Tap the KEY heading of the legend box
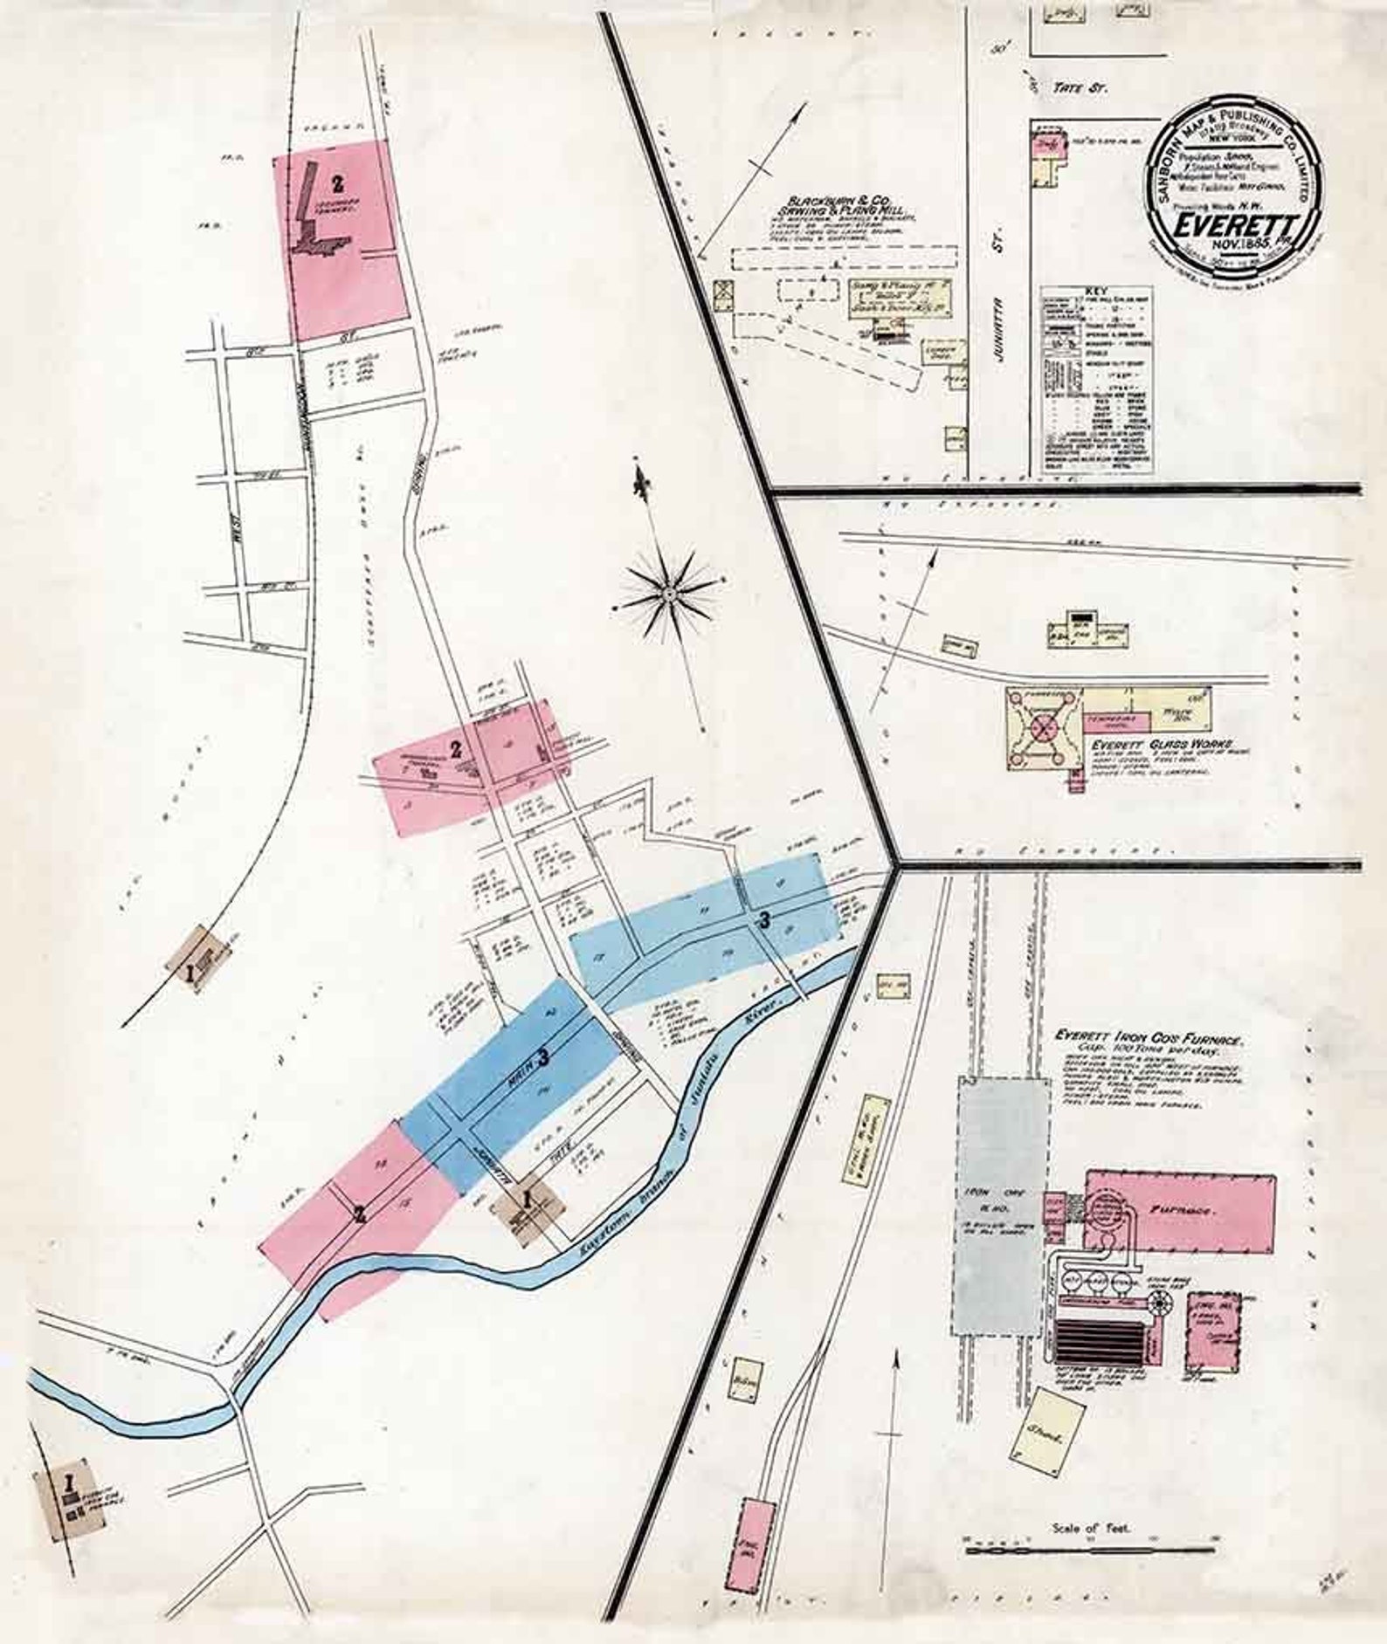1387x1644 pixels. pos(1095,292)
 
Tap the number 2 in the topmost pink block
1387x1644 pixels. pos(336,183)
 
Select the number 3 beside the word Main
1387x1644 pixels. pos(543,1058)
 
